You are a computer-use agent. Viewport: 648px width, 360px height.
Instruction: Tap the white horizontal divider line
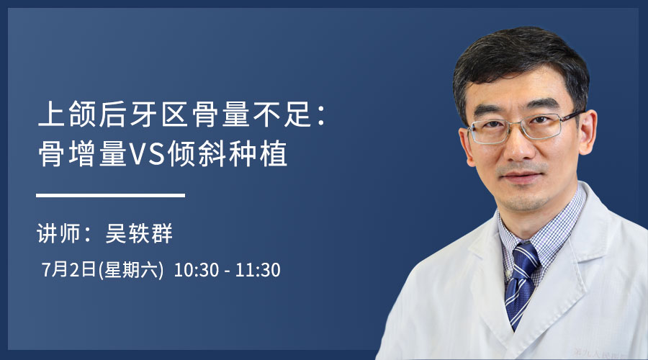[x=110, y=195]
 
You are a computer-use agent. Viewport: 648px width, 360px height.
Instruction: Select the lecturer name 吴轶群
[x=139, y=233]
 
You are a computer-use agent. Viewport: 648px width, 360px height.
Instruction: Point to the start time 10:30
[x=197, y=270]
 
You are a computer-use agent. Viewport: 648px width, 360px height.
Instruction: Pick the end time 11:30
[x=258, y=270]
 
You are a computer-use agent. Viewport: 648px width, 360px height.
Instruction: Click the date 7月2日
[x=69, y=269]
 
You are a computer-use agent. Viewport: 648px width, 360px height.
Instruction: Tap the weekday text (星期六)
[x=131, y=270]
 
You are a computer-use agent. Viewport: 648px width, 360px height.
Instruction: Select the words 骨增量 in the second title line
[x=82, y=154]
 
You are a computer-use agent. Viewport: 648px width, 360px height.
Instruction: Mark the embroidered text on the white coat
[x=600, y=354]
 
